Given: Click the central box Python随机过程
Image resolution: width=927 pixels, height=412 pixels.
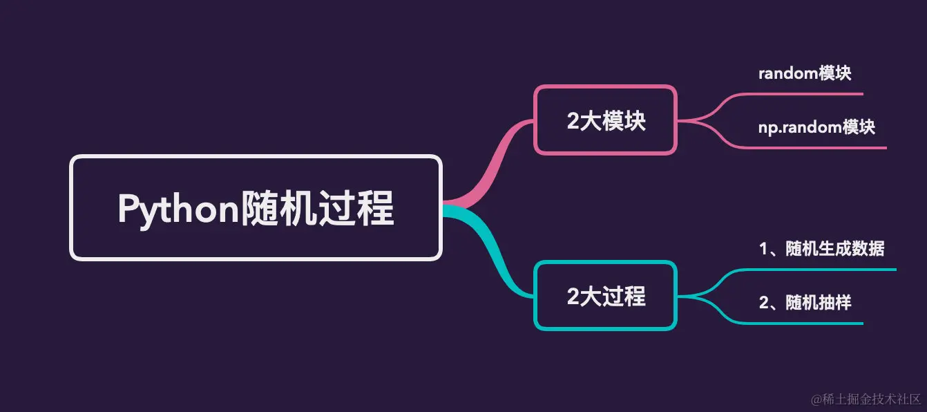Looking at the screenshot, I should (x=255, y=207).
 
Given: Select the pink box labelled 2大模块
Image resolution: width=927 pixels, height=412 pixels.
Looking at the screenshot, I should (x=605, y=120).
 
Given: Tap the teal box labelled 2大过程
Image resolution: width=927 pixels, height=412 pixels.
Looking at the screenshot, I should (x=605, y=296).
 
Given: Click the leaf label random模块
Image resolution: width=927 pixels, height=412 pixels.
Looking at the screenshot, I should (x=804, y=74).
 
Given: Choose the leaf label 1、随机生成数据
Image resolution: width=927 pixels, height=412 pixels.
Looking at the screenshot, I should (x=821, y=249).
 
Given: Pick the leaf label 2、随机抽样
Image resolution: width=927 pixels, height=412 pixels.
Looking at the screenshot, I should (x=805, y=302).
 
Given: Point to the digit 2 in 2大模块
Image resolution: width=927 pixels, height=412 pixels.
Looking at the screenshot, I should (x=573, y=121).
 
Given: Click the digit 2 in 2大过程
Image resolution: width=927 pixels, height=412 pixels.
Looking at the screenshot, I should (x=573, y=297).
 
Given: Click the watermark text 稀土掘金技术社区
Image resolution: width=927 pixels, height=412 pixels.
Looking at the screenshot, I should (x=872, y=400).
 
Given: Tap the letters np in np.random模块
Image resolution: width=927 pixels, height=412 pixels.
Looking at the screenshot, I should (x=766, y=129).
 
